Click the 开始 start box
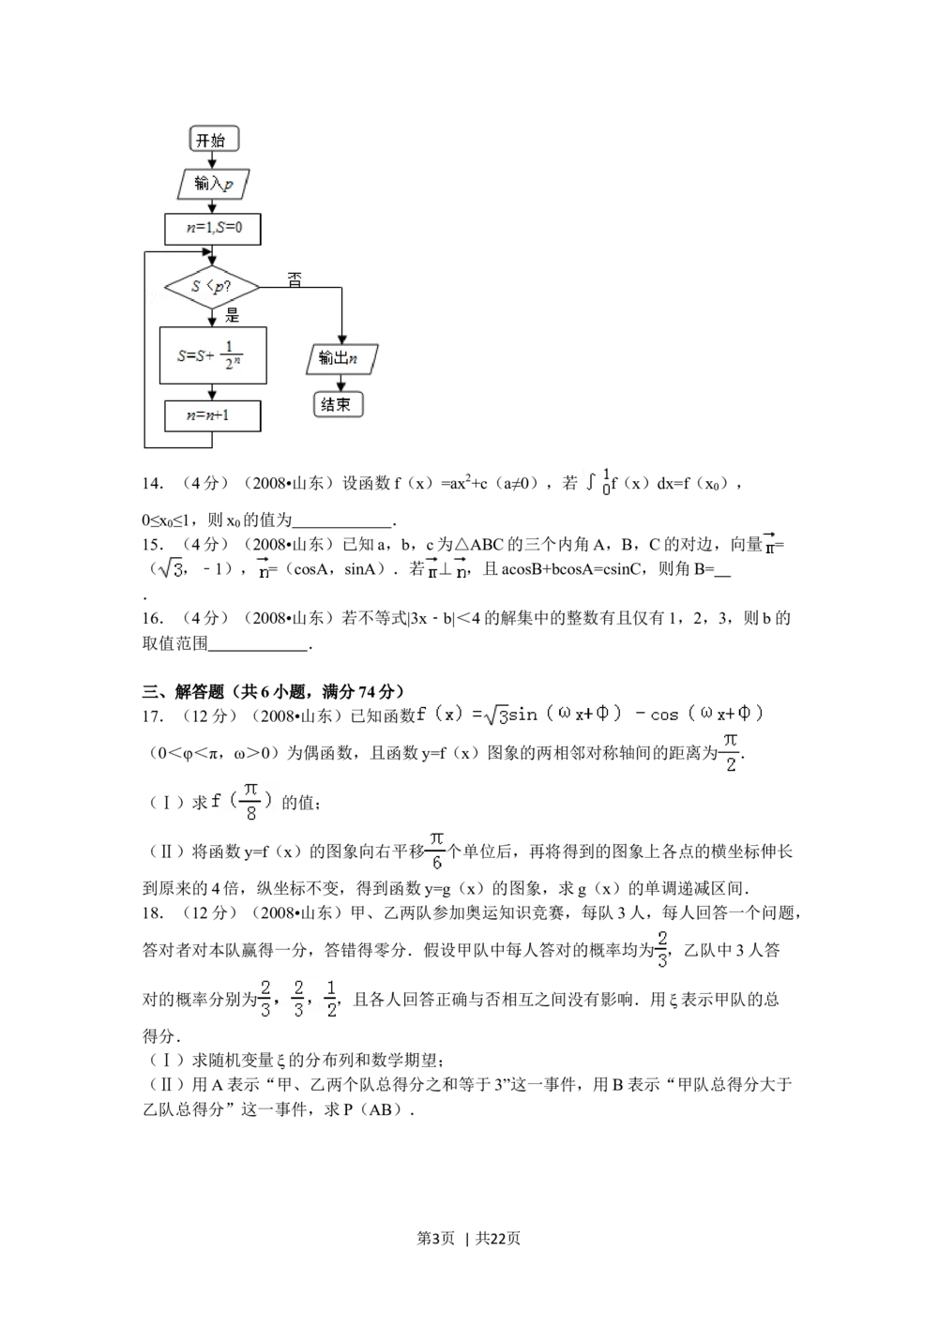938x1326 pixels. (x=213, y=140)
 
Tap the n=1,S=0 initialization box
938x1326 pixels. (x=213, y=228)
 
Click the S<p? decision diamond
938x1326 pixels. (x=212, y=286)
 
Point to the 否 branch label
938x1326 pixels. (x=295, y=279)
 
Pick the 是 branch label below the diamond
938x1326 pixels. (x=232, y=316)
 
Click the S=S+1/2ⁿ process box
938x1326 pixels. (x=213, y=355)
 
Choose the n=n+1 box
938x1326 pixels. (x=213, y=415)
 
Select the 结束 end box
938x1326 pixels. (x=337, y=404)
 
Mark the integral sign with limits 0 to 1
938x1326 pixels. (x=597, y=482)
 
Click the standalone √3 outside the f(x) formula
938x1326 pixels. (x=173, y=568)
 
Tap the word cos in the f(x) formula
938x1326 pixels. (x=664, y=715)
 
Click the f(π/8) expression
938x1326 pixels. (x=244, y=803)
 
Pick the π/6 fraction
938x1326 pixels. (x=436, y=851)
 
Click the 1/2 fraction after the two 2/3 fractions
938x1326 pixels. (x=330, y=998)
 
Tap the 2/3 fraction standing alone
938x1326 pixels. (x=661, y=949)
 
